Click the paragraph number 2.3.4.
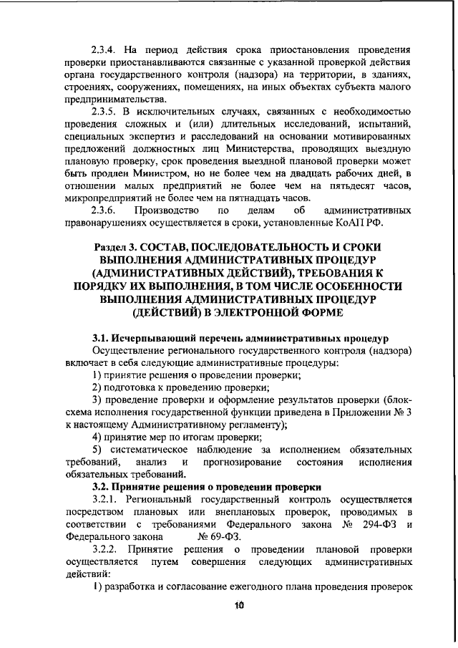[x=105, y=51]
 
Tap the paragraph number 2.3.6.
[x=104, y=211]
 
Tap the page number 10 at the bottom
[x=238, y=604]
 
